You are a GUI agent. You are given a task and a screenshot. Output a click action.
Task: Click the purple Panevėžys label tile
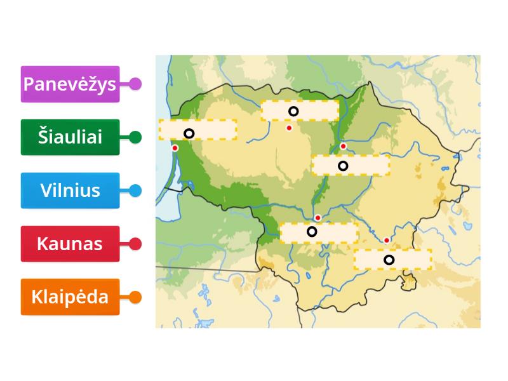coord(70,84)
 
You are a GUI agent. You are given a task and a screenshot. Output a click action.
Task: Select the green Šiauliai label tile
coord(70,137)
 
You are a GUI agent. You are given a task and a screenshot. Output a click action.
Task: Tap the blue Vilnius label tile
coord(70,190)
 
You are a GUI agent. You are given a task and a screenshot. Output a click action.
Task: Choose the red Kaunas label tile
coord(70,244)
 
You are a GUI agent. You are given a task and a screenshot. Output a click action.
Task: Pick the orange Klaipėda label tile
coord(70,297)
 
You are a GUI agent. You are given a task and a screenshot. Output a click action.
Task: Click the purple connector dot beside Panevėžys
coord(135,84)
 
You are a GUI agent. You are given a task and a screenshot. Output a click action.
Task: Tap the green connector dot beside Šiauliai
coord(135,137)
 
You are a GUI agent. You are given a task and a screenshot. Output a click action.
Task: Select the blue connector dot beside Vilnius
coord(135,190)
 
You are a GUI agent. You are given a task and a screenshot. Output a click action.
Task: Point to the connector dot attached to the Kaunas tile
coord(135,244)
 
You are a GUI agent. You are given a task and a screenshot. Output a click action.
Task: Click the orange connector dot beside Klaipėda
coord(135,297)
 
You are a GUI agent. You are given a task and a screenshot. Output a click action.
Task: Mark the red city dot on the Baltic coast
coord(175,148)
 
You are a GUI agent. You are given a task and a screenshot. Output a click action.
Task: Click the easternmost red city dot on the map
coord(387,240)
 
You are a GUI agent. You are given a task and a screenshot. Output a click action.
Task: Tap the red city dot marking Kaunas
coord(318,218)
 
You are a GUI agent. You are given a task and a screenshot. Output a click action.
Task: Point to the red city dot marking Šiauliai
coord(289,128)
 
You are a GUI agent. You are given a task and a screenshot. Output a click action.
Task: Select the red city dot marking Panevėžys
coord(343,147)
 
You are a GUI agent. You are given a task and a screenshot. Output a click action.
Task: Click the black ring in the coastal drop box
coord(189,133)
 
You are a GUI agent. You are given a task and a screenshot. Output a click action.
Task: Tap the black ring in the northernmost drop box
coord(293,112)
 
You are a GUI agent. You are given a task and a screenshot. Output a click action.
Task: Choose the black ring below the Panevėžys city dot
coord(343,166)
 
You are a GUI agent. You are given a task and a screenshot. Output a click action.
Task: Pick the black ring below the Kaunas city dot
coord(312,232)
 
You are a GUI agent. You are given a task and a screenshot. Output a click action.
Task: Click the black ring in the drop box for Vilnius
coord(389,259)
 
